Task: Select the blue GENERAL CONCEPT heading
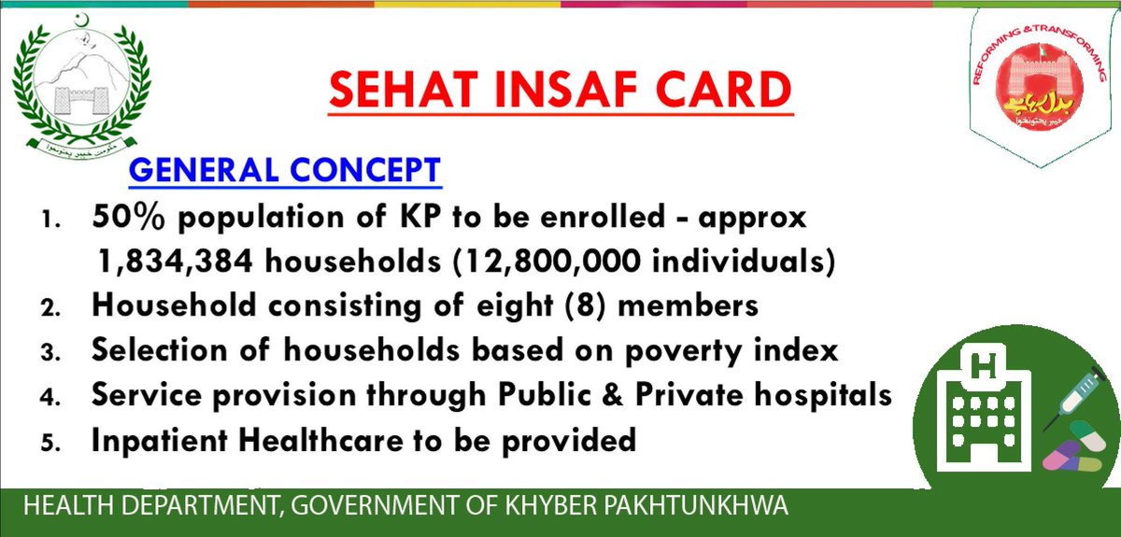tap(284, 171)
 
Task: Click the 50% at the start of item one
tap(125, 219)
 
